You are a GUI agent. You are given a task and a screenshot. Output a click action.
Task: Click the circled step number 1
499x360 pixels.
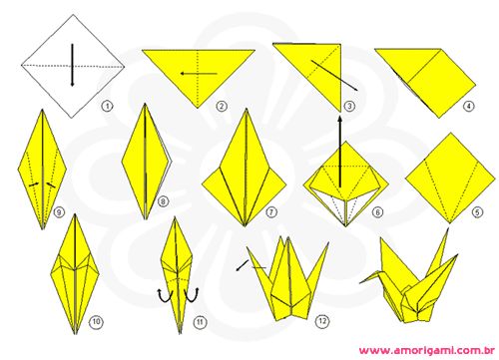[x=107, y=107]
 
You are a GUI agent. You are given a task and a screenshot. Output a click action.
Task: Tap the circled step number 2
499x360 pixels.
[x=222, y=107]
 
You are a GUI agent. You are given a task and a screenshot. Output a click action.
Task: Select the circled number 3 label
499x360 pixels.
[x=349, y=107]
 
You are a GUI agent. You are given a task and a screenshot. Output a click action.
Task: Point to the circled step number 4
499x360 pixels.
[x=469, y=107]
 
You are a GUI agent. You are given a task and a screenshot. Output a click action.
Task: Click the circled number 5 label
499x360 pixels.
[x=477, y=212]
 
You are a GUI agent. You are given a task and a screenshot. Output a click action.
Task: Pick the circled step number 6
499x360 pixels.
[x=377, y=212]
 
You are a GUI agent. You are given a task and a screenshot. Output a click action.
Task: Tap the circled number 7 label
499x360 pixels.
[x=271, y=212]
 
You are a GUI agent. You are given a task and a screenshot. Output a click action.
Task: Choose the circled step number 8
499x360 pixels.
[x=163, y=201]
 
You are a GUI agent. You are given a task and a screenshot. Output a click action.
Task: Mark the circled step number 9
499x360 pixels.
[x=59, y=212]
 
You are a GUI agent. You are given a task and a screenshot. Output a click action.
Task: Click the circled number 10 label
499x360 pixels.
[x=96, y=322]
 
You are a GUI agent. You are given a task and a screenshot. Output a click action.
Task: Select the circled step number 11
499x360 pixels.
[x=200, y=322]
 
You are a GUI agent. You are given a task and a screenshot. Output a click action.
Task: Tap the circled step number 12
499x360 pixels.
[x=322, y=321]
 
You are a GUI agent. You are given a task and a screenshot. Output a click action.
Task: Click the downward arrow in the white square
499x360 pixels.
[x=72, y=65]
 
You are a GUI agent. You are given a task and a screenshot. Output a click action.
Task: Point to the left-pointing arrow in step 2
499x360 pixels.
[x=199, y=74]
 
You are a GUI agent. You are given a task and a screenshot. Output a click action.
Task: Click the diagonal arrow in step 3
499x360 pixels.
[x=334, y=76]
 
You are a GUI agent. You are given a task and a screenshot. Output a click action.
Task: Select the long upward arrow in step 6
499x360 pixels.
[x=339, y=152]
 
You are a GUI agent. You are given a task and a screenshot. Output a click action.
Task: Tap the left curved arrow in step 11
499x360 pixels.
[x=165, y=295]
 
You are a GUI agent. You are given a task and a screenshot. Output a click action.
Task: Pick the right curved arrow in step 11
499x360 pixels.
[x=192, y=295]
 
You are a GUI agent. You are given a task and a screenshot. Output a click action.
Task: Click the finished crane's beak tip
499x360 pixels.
[x=360, y=283]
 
